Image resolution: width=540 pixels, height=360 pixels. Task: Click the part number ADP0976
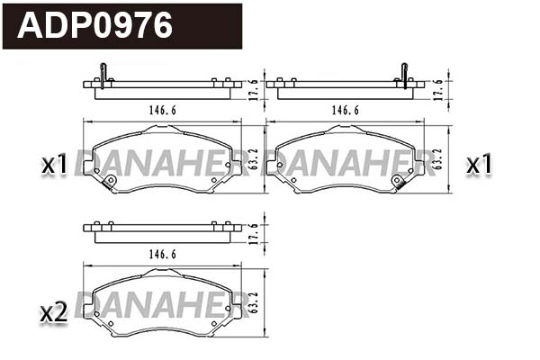(95, 25)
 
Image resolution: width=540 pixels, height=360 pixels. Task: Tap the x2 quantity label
(55, 312)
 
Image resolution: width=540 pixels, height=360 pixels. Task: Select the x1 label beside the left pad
(55, 165)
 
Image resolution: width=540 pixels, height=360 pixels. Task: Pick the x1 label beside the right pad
(479, 165)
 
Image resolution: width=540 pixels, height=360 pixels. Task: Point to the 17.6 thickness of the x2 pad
(255, 231)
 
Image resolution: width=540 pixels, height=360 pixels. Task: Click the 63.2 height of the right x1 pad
(438, 159)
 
